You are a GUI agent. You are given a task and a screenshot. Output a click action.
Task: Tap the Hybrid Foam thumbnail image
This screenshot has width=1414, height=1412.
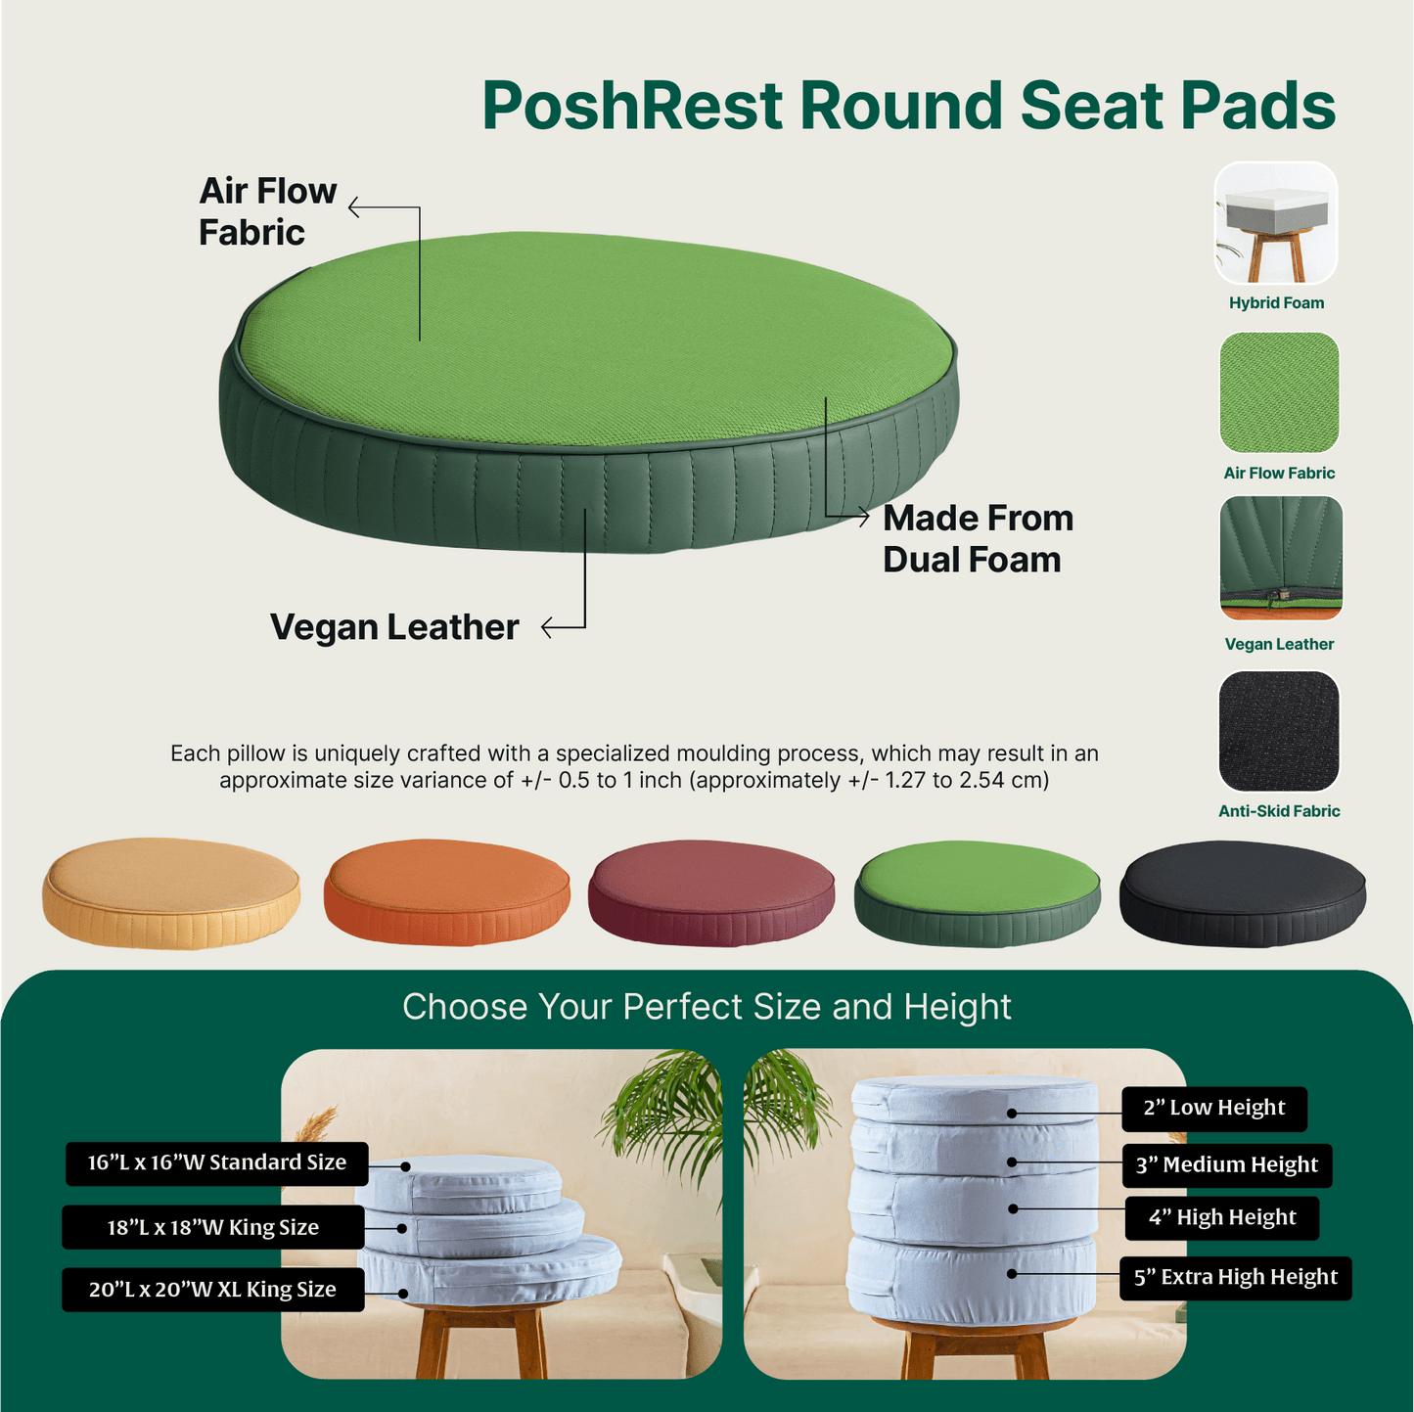click(x=1275, y=223)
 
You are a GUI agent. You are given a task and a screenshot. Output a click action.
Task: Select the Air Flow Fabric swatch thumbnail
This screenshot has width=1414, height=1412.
click(x=1278, y=391)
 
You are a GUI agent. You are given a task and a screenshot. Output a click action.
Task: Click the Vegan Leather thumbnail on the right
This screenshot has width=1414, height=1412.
click(x=1281, y=557)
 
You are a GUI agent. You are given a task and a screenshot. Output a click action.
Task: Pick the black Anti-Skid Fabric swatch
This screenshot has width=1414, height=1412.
click(x=1278, y=730)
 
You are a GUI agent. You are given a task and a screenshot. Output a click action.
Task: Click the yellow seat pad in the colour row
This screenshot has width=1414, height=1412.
click(x=171, y=893)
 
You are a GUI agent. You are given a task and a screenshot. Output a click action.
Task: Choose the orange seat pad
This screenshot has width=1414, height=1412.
click(x=446, y=892)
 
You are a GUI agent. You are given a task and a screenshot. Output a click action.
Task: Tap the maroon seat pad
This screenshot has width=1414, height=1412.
click(x=710, y=893)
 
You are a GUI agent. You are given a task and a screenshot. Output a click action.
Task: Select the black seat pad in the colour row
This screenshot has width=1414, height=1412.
click(x=1242, y=893)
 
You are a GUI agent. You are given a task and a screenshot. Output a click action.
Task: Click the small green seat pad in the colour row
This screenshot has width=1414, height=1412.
click(x=977, y=893)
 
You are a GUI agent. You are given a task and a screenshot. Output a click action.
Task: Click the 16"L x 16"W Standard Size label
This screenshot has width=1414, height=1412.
click(x=217, y=1163)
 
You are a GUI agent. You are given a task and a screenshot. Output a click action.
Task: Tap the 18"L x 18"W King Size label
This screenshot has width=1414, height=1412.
click(x=212, y=1227)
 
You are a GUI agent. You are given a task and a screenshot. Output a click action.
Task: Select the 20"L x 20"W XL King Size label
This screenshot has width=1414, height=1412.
click(x=212, y=1290)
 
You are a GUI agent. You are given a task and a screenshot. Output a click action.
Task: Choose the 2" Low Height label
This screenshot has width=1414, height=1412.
click(x=1213, y=1109)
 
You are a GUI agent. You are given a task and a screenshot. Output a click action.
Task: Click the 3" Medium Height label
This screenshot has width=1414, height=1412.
click(x=1227, y=1165)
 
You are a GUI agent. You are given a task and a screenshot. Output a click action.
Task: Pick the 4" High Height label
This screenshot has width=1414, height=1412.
click(x=1222, y=1218)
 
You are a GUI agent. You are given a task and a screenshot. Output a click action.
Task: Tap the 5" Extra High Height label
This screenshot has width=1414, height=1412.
click(x=1235, y=1278)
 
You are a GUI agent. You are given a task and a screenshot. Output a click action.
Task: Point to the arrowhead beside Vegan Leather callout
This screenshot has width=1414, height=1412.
click(x=546, y=627)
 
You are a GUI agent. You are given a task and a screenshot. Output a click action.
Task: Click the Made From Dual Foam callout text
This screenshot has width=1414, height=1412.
click(x=978, y=538)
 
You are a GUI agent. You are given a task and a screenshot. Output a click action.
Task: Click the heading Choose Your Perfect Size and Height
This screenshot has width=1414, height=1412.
click(x=707, y=1006)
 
